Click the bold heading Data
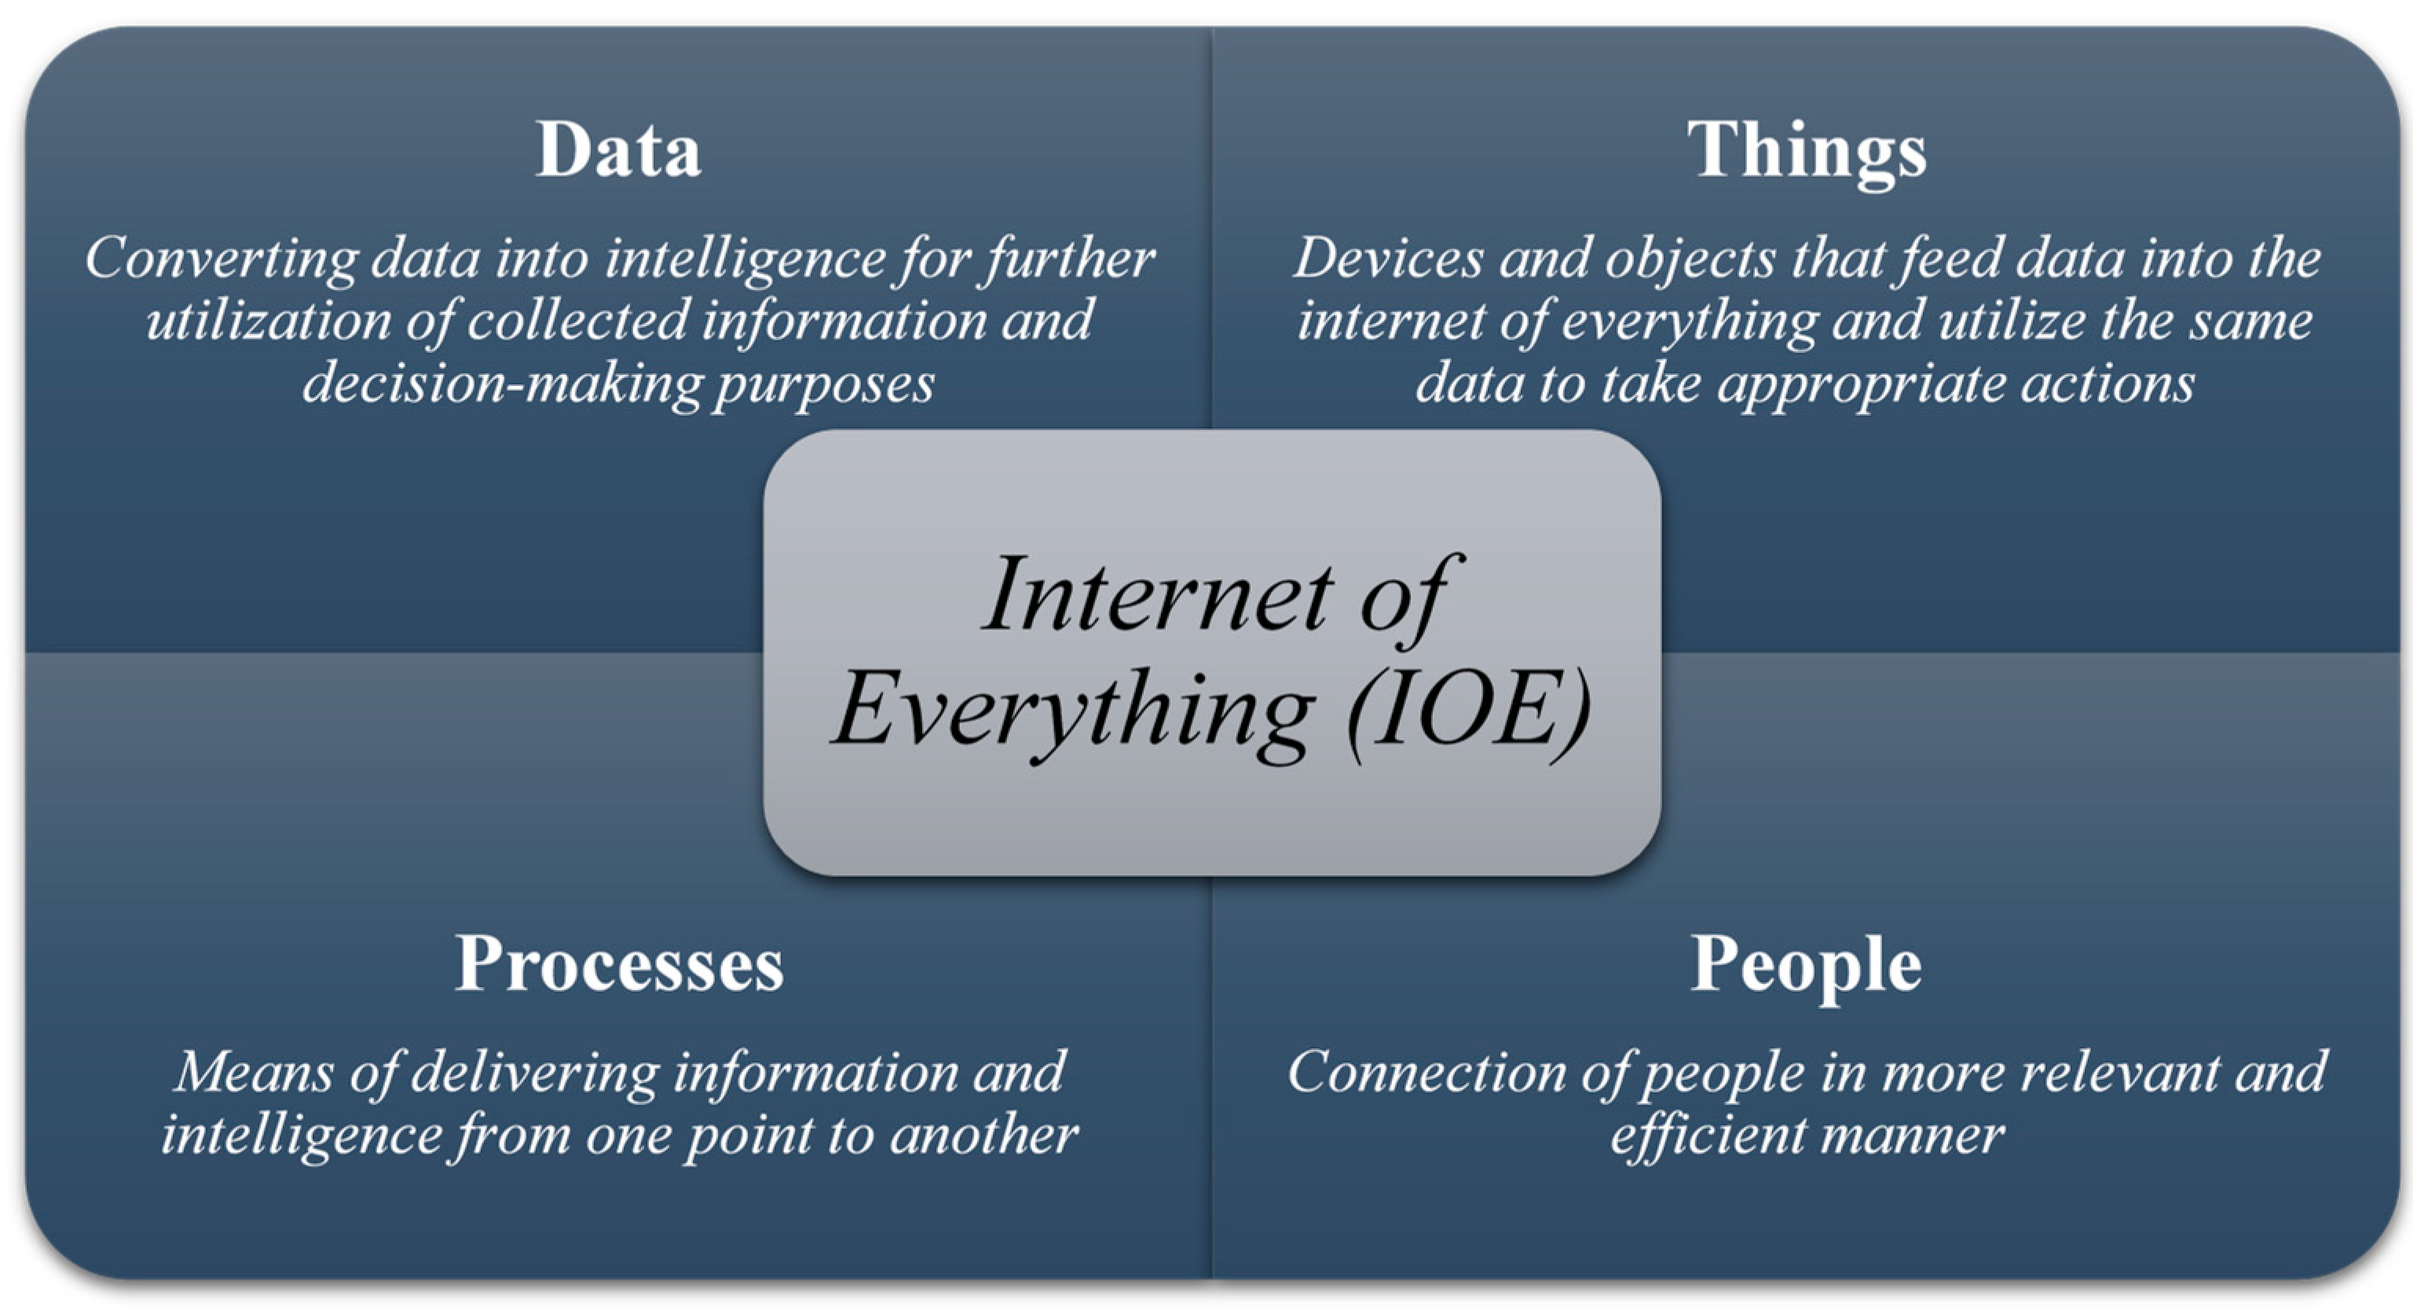(618, 149)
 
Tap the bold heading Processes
(619, 963)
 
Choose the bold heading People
(1807, 968)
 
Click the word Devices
(1388, 258)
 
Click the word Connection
(1426, 1072)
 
